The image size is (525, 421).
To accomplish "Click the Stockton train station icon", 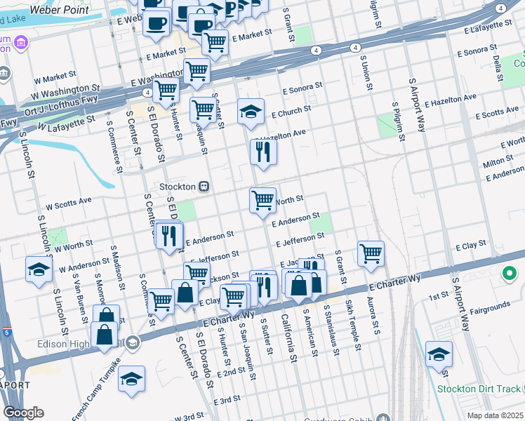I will click(204, 187).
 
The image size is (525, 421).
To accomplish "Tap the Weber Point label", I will click(63, 11).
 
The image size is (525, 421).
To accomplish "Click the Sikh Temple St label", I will click(352, 321).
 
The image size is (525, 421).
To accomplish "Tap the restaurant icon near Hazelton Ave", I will click(263, 152).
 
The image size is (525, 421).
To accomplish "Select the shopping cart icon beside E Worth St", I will click(263, 200).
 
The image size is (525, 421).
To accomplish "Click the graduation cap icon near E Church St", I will click(250, 111).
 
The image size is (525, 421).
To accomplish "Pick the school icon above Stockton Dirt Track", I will click(439, 354).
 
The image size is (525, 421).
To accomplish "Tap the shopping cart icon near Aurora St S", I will click(370, 253).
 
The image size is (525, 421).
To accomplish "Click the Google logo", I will click(23, 413).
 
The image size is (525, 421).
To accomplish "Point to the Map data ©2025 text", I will click(495, 415).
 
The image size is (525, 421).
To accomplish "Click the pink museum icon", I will click(21, 43).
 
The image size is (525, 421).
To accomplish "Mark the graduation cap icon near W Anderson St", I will click(39, 269).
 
